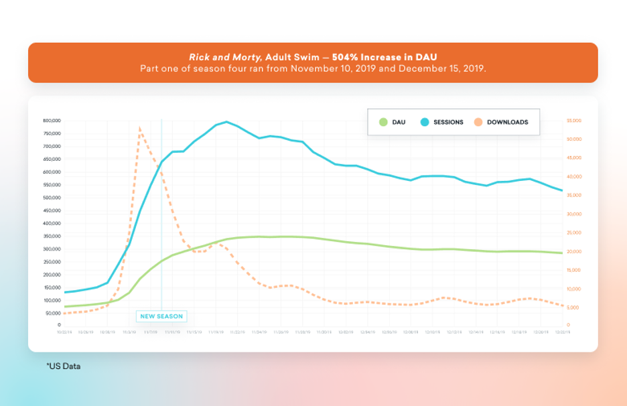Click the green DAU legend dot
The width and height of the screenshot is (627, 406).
(x=383, y=122)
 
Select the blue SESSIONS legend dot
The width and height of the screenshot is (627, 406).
(x=425, y=122)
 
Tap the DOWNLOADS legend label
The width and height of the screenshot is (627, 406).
(x=507, y=122)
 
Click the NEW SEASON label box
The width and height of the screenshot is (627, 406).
(x=161, y=316)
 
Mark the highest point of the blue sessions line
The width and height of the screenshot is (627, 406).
(x=227, y=121)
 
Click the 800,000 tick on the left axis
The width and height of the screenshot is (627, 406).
(x=52, y=121)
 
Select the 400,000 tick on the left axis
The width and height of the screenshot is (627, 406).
(x=52, y=223)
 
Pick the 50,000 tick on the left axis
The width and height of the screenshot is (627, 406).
(x=53, y=313)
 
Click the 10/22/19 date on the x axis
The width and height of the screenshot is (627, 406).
(x=64, y=331)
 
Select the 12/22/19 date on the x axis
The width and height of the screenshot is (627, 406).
(x=561, y=331)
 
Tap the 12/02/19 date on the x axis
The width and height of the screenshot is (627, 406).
(x=345, y=331)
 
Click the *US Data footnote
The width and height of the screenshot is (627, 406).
(x=63, y=366)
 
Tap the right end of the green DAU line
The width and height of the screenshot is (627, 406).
(x=561, y=253)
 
